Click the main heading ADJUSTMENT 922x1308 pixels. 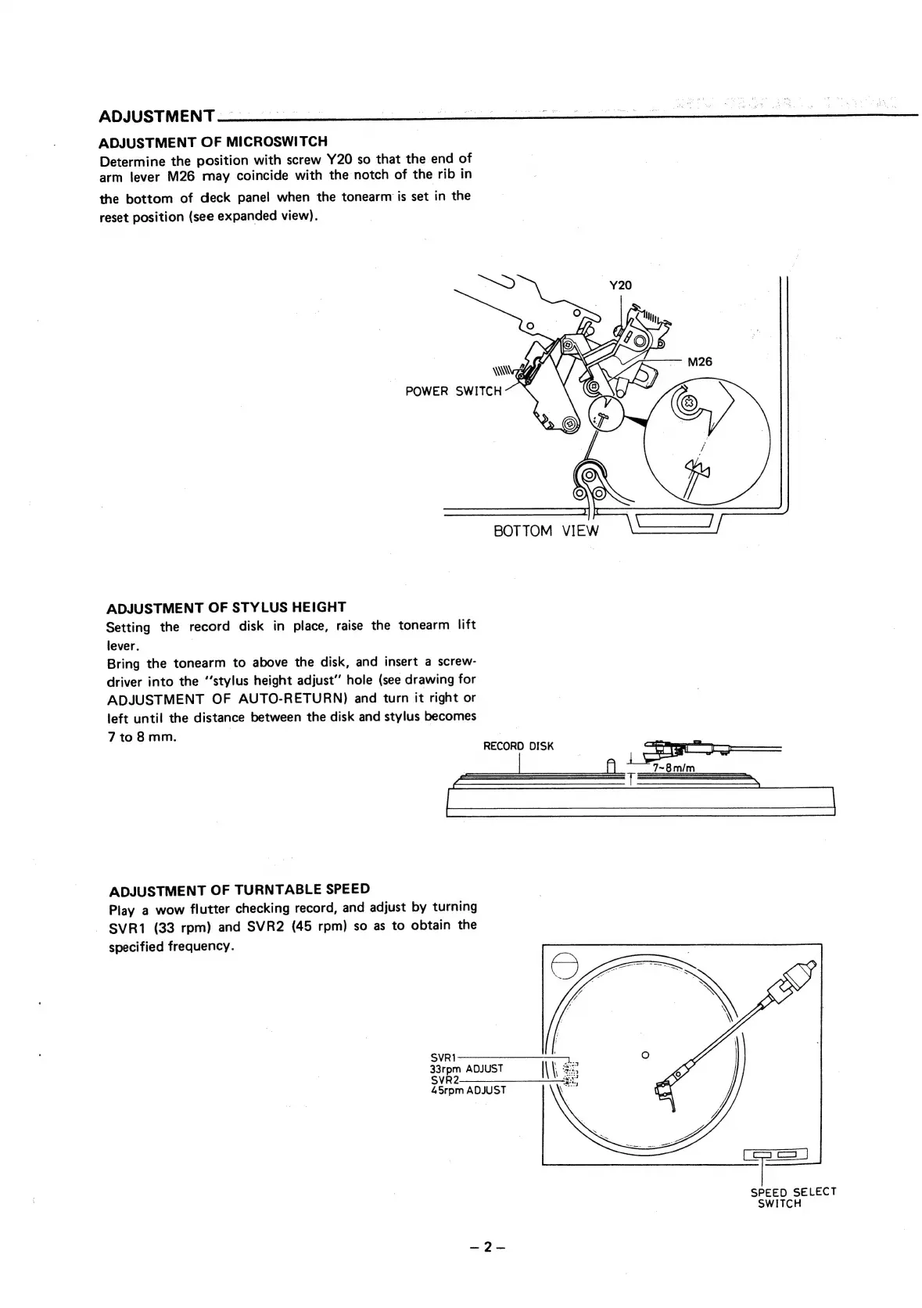point(156,117)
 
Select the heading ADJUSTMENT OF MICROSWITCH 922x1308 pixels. point(213,142)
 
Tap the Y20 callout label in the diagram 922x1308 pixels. point(619,285)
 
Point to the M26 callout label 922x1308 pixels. point(699,362)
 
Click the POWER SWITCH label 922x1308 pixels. point(453,391)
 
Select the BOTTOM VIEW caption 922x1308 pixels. point(546,531)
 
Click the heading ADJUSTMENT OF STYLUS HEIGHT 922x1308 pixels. point(225,607)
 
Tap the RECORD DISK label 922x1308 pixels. point(518,746)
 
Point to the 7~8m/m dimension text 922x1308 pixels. point(673,767)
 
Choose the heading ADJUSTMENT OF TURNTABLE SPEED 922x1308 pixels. point(239,889)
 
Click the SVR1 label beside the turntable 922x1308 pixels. point(443,1058)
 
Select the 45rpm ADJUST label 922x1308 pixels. point(468,1090)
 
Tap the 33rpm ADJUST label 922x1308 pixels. point(466,1069)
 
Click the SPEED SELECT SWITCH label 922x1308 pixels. point(792,1197)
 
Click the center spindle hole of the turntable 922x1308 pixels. point(644,1055)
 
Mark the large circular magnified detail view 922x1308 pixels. point(706,443)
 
